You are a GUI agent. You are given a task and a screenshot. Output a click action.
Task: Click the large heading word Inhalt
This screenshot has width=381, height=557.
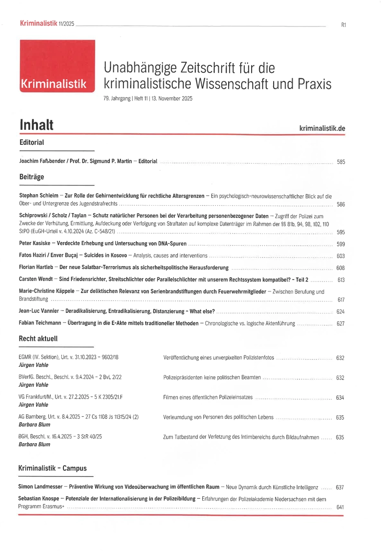tap(36, 125)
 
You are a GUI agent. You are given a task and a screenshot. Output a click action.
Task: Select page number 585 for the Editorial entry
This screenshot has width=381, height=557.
tap(341, 162)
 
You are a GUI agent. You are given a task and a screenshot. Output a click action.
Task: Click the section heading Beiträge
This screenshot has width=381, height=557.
tap(31, 177)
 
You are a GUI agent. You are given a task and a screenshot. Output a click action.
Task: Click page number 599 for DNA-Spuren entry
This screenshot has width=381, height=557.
tap(341, 244)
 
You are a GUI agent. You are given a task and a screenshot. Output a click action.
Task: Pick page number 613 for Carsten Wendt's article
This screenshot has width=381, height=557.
tap(341, 279)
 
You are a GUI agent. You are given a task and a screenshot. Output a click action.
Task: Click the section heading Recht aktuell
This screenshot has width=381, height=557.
tap(38, 338)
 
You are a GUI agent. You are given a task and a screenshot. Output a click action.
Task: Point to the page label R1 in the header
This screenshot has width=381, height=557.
tap(343, 24)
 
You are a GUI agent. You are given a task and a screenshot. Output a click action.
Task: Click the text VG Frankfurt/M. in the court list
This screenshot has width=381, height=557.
tap(35, 397)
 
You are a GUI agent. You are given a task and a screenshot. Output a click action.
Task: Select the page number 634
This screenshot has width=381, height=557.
tap(340, 398)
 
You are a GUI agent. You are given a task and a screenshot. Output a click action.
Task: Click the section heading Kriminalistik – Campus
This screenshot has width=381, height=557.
tap(52, 468)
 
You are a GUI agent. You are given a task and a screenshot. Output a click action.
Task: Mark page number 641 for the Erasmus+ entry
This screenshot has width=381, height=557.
tap(340, 507)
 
